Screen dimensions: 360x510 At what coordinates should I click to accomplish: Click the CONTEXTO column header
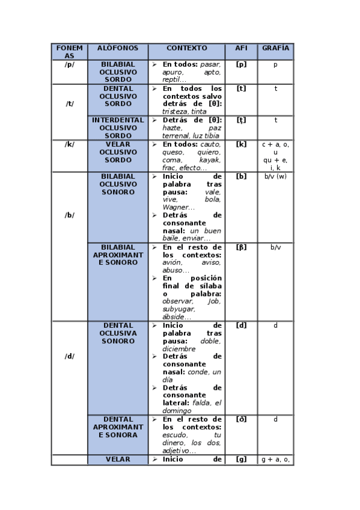pyautogui.click(x=186, y=48)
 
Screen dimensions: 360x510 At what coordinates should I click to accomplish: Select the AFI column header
pyautogui.click(x=241, y=48)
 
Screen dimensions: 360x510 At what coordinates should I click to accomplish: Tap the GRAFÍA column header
pyautogui.click(x=275, y=48)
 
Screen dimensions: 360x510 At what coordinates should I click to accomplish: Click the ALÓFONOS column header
pyautogui.click(x=118, y=48)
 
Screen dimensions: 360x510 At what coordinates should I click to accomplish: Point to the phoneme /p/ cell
pyautogui.click(x=70, y=64)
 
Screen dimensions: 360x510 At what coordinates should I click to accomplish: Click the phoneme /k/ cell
pyautogui.click(x=70, y=144)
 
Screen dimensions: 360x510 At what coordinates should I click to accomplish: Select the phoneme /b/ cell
pyautogui.click(x=70, y=215)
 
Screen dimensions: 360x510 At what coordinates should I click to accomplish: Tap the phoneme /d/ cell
pyautogui.click(x=70, y=356)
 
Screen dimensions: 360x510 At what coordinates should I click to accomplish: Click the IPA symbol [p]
pyautogui.click(x=241, y=64)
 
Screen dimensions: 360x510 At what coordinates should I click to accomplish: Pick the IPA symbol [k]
pyautogui.click(x=241, y=144)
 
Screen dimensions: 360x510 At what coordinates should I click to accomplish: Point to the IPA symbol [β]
pyautogui.click(x=241, y=247)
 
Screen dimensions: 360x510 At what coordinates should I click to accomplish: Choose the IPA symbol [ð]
pyautogui.click(x=241, y=419)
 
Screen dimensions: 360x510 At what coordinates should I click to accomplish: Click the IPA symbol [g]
pyautogui.click(x=241, y=459)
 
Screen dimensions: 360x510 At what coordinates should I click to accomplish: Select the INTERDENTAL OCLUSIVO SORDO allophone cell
pyautogui.click(x=118, y=127)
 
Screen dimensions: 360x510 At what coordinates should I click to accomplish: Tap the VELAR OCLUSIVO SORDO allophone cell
pyautogui.click(x=118, y=152)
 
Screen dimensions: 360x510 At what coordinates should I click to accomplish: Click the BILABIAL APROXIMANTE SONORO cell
pyautogui.click(x=118, y=255)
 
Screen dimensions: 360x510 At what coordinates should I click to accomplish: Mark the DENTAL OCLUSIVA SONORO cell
pyautogui.click(x=118, y=333)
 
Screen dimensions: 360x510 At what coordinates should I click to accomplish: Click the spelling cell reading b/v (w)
pyautogui.click(x=275, y=176)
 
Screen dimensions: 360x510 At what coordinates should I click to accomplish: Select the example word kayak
pyautogui.click(x=210, y=160)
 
